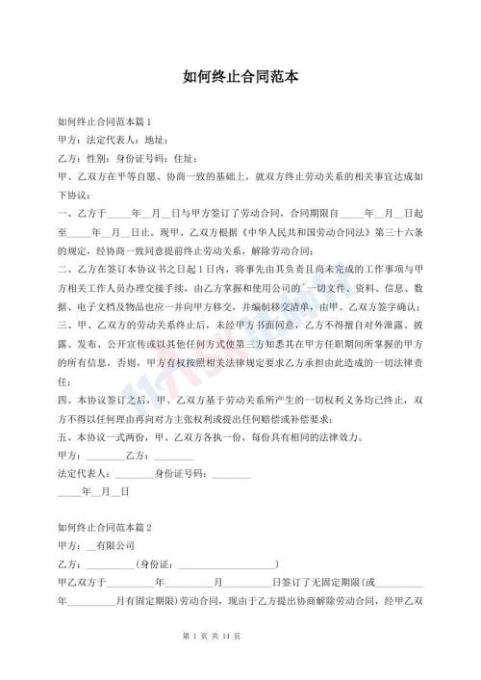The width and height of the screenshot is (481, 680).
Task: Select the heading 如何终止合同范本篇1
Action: [x=105, y=121]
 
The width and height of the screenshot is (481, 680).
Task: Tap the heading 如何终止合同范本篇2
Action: [x=105, y=527]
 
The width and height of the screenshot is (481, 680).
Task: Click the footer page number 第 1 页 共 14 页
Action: [x=240, y=664]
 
